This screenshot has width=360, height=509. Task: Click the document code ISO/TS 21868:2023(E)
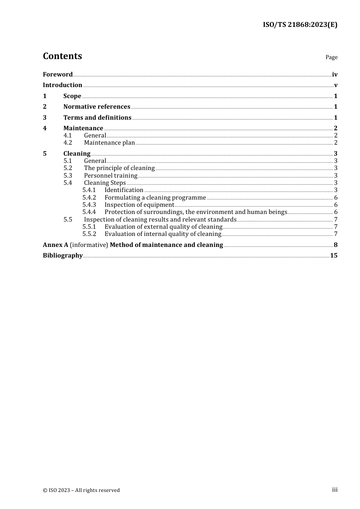point(300,25)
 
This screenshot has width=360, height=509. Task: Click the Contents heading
point(63,56)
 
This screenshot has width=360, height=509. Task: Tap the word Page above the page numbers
point(331,57)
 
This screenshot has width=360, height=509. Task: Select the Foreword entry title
point(58,74)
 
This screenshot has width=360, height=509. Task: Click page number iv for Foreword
point(335,75)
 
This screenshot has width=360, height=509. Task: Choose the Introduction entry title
point(63,85)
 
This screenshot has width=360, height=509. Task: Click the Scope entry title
point(72,96)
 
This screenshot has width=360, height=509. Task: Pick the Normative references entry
point(97,107)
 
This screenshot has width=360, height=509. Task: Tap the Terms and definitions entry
point(97,118)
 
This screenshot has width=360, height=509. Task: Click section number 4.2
point(68,143)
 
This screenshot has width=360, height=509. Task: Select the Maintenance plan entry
point(110,143)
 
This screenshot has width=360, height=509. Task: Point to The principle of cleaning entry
point(119,168)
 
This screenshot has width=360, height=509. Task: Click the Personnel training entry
point(111,176)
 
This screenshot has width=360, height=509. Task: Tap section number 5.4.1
point(89,190)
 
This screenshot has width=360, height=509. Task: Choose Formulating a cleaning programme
point(155,198)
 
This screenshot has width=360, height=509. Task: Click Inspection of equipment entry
point(139,205)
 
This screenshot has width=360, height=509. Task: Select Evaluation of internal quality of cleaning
point(163,234)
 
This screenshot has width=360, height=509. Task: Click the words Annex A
point(55,245)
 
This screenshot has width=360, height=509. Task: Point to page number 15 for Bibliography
point(333,256)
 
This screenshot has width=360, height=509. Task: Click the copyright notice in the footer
point(81,490)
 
